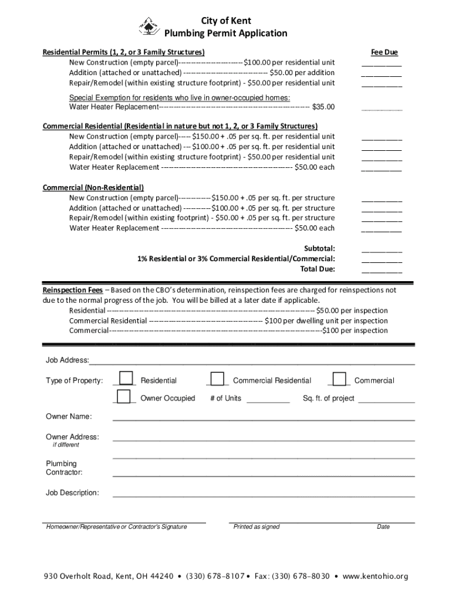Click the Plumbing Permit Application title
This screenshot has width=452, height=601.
point(225,33)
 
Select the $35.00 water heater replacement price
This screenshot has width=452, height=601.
point(323,107)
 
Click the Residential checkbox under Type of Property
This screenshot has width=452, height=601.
point(126,379)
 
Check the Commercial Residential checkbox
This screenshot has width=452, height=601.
point(217,379)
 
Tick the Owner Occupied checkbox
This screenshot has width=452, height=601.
point(123,397)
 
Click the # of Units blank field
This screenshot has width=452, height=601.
point(268,399)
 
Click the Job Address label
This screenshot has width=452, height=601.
point(68,360)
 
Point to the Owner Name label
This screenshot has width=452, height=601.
point(69,416)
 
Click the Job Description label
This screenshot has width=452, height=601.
point(72,492)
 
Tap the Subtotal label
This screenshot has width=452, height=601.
point(319,248)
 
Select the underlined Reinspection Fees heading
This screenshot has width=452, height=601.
point(73,290)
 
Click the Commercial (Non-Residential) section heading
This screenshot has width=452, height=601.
point(93,187)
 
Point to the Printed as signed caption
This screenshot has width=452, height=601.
point(257,526)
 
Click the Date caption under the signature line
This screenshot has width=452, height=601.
point(383,526)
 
